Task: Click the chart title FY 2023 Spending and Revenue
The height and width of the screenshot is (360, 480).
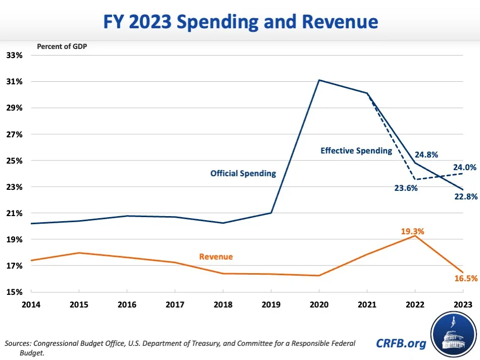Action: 240,22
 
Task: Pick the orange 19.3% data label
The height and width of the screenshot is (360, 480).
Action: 413,231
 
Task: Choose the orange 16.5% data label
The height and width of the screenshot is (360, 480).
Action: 465,278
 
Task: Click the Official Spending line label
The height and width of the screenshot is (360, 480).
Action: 243,173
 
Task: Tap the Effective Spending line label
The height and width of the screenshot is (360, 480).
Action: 356,150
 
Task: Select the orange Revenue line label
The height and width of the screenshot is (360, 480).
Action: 216,256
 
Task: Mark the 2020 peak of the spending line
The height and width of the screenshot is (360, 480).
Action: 319,80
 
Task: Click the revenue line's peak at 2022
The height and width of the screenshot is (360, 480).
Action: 415,236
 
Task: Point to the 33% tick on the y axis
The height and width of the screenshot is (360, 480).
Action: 14,55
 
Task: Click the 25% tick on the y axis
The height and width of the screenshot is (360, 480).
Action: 14,161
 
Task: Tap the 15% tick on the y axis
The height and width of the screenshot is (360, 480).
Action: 14,292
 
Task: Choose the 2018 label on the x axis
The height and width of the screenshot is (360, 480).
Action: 223,304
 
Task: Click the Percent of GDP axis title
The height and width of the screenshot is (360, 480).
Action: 63,46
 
